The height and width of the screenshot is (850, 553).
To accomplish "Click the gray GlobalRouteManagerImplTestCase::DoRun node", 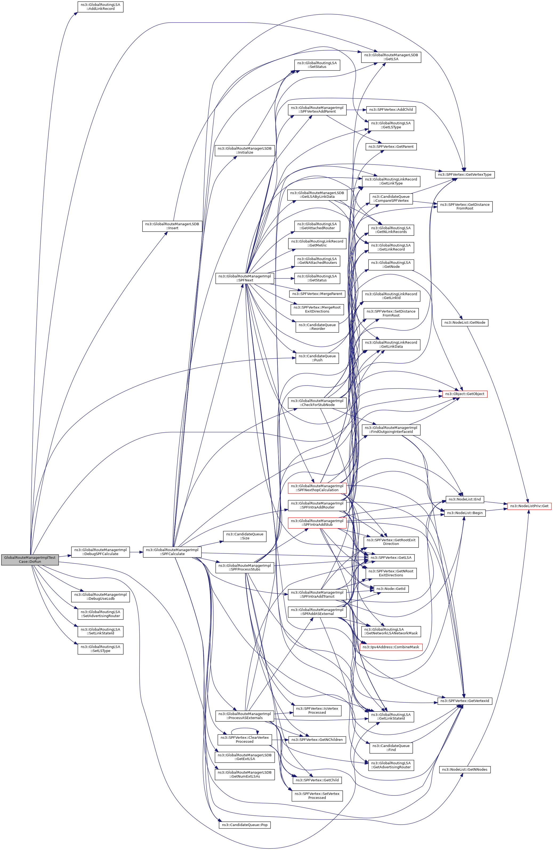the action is (30, 559).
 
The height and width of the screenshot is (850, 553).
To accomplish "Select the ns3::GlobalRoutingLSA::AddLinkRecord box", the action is (100, 6).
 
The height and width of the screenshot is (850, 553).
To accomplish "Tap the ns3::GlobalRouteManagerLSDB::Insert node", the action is (172, 226).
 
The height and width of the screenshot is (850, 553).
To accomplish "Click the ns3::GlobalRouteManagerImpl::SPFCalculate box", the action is (172, 552).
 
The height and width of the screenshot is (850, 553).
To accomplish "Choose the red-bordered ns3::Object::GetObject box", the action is (465, 393).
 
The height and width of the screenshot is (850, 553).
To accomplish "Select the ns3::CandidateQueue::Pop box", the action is (244, 825).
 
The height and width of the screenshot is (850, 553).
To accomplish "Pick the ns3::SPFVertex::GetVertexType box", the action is (465, 175).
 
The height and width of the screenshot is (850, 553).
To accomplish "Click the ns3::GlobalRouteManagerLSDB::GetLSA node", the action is (391, 57).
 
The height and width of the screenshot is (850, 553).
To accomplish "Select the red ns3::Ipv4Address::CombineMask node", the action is (391, 647).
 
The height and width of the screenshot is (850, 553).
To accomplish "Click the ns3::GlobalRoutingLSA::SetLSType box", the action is (100, 648).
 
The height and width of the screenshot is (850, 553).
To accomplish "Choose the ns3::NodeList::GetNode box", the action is (465, 322).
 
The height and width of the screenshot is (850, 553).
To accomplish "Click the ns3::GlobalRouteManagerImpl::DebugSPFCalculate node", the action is (100, 552).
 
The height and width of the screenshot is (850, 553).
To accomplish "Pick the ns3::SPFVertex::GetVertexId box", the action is (465, 701).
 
